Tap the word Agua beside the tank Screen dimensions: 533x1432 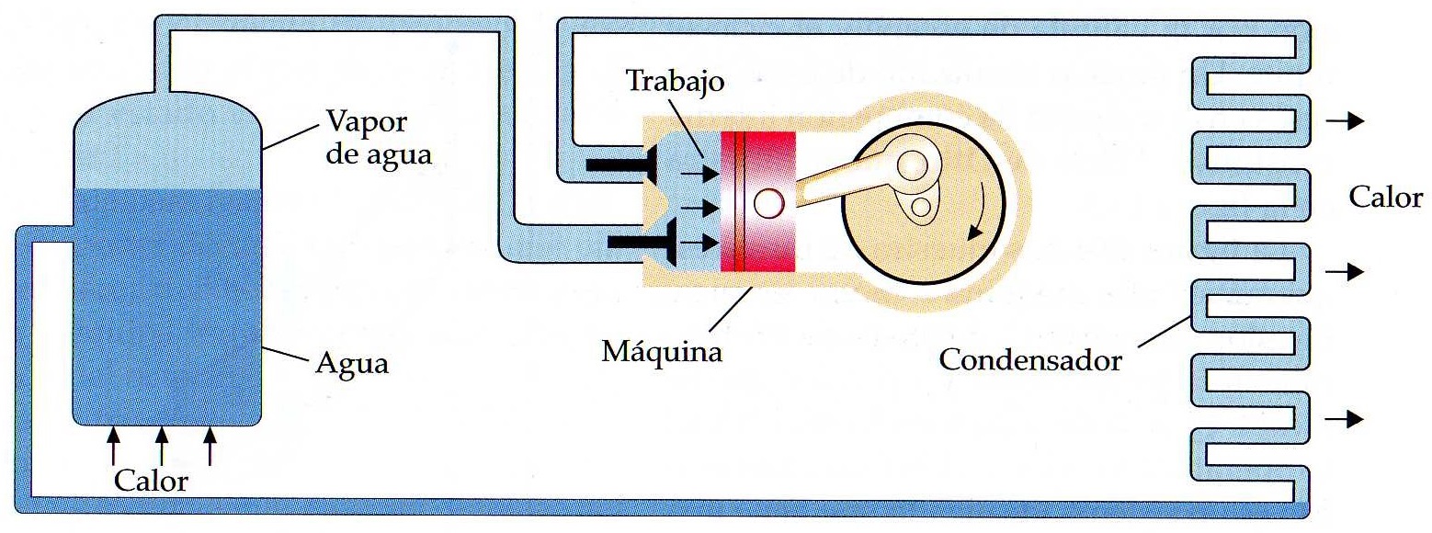pos(352,364)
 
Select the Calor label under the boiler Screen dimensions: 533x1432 pos(152,480)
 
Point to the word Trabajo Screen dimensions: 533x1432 pos(676,81)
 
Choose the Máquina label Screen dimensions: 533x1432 pos(662,351)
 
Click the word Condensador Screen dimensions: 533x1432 pos(1030,359)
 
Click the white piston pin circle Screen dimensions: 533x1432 pos(766,203)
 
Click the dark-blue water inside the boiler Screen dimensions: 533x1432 pos(165,303)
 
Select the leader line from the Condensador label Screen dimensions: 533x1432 pos(1165,331)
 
